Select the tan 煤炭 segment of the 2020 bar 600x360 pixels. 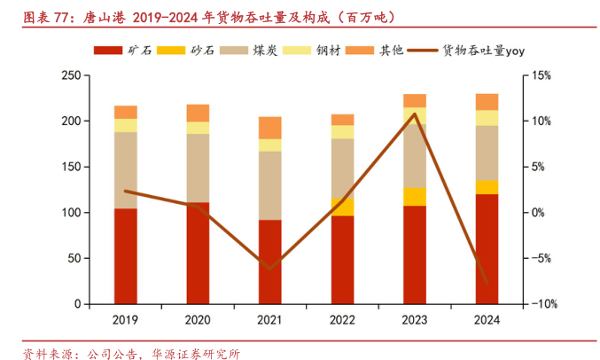198,168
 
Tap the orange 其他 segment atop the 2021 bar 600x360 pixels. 269,128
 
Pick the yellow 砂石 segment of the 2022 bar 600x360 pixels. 342,207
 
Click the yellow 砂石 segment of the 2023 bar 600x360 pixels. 414,196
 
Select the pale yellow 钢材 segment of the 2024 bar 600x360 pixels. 487,117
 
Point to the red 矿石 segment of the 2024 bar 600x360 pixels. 487,248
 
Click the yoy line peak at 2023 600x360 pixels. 414,114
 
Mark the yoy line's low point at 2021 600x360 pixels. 269,268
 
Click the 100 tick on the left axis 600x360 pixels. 71,213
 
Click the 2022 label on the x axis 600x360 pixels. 342,319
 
